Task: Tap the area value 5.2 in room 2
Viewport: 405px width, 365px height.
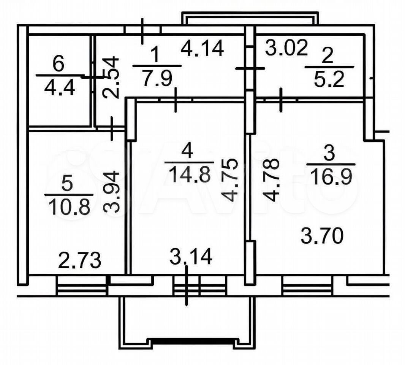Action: pyautogui.click(x=329, y=79)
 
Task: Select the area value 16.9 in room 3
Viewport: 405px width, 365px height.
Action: pyautogui.click(x=331, y=176)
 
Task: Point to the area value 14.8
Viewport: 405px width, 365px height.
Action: pyautogui.click(x=189, y=174)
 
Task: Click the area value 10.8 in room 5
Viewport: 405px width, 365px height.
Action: pyautogui.click(x=69, y=207)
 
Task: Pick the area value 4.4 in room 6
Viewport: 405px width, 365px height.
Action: pyautogui.click(x=60, y=87)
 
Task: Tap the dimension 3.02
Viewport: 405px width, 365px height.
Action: pyautogui.click(x=286, y=48)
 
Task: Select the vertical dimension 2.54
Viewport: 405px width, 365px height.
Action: pyautogui.click(x=111, y=78)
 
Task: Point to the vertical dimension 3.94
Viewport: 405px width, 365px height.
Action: pyautogui.click(x=112, y=192)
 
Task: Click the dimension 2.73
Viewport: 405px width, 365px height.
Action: pyautogui.click(x=79, y=260)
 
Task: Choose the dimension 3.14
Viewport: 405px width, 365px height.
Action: pyautogui.click(x=191, y=257)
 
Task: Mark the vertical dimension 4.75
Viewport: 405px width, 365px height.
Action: pyautogui.click(x=229, y=180)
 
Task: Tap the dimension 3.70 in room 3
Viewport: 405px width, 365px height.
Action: pyautogui.click(x=322, y=236)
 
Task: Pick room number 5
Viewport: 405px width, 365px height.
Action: pyautogui.click(x=67, y=185)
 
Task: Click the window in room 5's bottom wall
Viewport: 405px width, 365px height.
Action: pyautogui.click(x=82, y=286)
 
